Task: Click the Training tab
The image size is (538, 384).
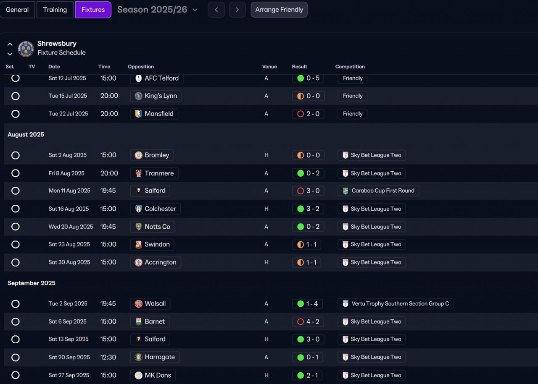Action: coord(55,10)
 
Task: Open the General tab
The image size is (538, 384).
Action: coord(17,10)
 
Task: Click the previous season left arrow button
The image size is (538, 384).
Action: coord(216,10)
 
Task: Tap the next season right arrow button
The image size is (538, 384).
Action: coord(237,10)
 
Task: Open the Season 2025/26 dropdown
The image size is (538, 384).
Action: coord(157,10)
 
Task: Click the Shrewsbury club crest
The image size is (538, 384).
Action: coord(26,49)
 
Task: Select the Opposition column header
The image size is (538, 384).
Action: coord(141,67)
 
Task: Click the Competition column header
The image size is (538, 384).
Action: coord(350,67)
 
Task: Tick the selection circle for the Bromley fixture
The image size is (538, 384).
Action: coord(16,155)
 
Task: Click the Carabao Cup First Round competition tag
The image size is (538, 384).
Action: coord(378,191)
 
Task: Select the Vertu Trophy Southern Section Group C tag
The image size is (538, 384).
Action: coord(396,304)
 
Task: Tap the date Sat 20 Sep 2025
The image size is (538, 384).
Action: coord(69,357)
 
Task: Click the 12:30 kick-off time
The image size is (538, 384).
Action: coord(108,357)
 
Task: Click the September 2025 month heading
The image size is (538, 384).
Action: coord(32,283)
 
